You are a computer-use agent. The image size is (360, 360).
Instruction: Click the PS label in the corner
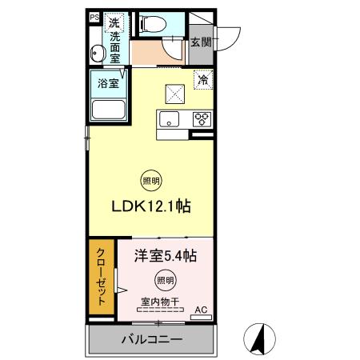(94, 18)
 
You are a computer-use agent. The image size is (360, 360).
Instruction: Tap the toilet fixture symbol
(154, 24)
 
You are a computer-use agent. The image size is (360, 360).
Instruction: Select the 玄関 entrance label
(201, 42)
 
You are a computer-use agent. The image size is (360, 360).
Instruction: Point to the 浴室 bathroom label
(108, 83)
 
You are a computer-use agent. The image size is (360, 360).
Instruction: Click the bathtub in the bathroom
(109, 110)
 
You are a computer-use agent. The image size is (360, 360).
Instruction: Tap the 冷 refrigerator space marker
(203, 79)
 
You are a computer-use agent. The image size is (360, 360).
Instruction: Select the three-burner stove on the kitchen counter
(202, 119)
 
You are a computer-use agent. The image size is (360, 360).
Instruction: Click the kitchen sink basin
(169, 119)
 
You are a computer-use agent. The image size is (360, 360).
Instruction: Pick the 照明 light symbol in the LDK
(151, 181)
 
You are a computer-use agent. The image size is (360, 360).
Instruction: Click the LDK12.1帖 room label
(151, 206)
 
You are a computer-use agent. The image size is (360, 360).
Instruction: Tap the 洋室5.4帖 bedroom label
(166, 256)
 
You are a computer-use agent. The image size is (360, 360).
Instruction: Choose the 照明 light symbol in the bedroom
(166, 280)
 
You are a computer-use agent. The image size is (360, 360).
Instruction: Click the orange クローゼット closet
(102, 277)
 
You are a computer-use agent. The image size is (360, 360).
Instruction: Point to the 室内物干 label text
(160, 302)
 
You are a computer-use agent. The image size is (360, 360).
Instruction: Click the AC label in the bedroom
(201, 310)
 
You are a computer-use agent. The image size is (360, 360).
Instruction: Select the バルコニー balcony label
(152, 339)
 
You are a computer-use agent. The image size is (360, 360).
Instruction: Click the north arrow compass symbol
(259, 339)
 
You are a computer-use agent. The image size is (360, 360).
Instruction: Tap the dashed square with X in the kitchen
(175, 94)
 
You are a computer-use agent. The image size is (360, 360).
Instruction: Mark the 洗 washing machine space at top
(114, 23)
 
